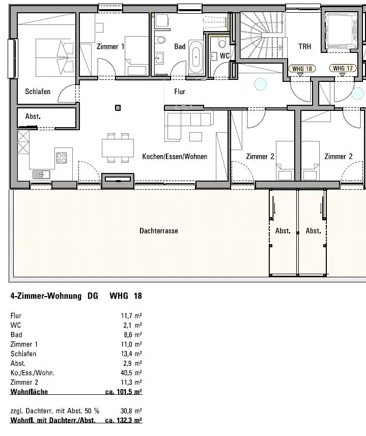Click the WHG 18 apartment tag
(x=302, y=68)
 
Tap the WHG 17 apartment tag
(x=343, y=68)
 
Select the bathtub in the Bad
(x=196, y=57)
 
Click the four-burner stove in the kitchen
(x=62, y=158)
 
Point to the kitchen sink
(x=41, y=175)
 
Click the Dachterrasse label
(x=159, y=231)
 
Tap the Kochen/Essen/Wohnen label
(x=175, y=157)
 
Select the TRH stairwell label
(x=305, y=46)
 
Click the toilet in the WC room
(x=222, y=43)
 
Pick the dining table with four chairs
(x=118, y=148)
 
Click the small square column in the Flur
(x=118, y=108)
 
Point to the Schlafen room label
(x=38, y=92)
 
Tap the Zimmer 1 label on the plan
(x=110, y=46)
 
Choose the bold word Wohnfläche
(x=29, y=392)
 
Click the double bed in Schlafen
(x=55, y=57)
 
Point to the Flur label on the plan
(x=180, y=92)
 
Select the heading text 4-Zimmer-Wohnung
(x=46, y=296)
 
